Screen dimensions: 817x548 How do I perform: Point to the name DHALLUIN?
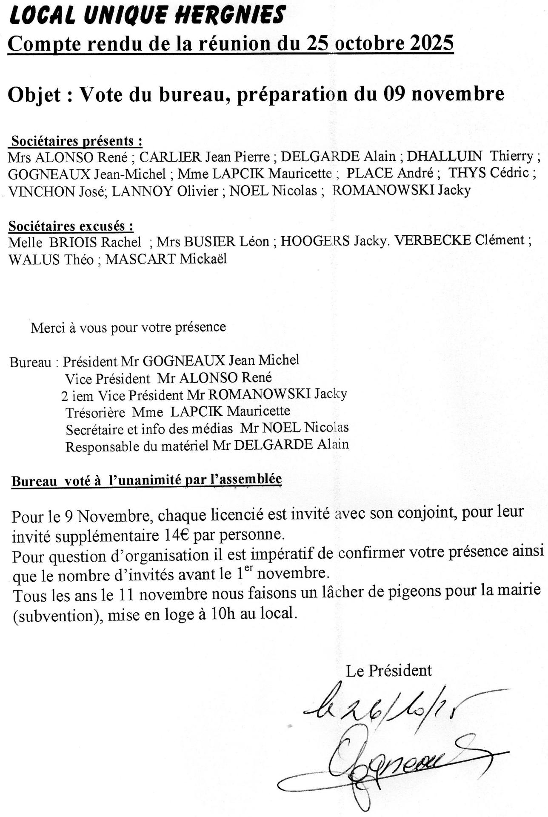[x=445, y=157]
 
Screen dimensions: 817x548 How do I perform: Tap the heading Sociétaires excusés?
[x=71, y=226]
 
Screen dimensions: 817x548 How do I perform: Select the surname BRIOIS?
[x=74, y=242]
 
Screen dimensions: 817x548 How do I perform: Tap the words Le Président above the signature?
[x=389, y=671]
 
